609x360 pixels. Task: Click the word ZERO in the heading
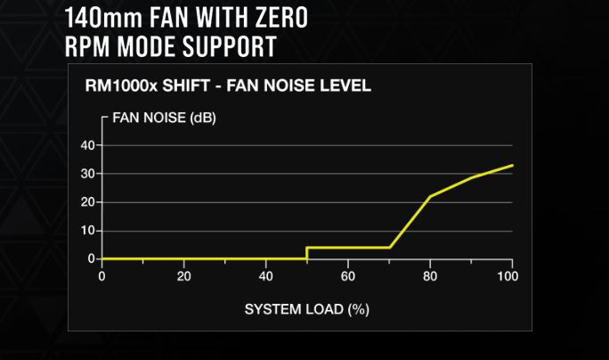coord(280,16)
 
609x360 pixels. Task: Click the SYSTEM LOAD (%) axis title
coord(306,309)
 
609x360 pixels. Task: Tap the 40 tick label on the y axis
coord(87,144)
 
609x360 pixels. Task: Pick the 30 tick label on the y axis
coord(87,173)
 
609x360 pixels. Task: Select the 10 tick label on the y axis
coord(87,230)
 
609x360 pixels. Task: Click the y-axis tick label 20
coord(87,201)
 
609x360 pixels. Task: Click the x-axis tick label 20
coord(183,275)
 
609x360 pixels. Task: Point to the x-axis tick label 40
coord(265,275)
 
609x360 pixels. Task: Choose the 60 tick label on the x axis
coord(347,275)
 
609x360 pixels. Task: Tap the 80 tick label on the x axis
coord(429,275)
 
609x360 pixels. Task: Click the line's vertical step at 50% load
coord(307,253)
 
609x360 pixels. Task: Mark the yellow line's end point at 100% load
coord(512,165)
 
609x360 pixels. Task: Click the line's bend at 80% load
coord(430,196)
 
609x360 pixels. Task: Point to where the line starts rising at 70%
coord(389,247)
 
